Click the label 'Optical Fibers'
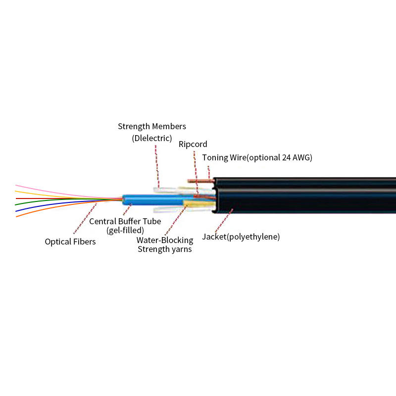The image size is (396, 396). point(70,242)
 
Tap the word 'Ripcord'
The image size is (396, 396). point(193,144)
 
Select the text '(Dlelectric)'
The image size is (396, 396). point(152,138)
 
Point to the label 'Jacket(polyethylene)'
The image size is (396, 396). point(241,237)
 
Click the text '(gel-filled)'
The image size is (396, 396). point(125,230)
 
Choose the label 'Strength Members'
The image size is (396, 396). point(152,126)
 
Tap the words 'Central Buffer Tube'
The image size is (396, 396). point(125,221)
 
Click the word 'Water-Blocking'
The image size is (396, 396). point(165,240)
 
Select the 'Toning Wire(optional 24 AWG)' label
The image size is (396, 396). point(257,157)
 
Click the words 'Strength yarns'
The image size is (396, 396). point(165,249)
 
